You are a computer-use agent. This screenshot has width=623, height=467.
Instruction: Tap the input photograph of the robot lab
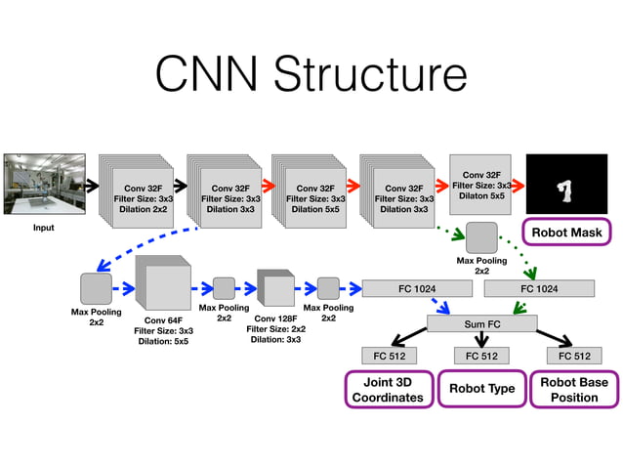45,184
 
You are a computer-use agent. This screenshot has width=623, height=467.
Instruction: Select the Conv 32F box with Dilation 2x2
142,196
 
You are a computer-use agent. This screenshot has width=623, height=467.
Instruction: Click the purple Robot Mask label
566,233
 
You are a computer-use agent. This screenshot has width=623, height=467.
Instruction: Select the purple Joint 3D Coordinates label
388,389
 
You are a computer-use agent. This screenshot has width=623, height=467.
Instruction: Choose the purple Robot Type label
480,389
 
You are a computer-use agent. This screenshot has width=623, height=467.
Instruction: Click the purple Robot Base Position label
573,389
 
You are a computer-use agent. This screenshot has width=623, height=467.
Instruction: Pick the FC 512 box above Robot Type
480,355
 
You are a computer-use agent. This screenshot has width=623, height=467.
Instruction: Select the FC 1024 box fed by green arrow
538,288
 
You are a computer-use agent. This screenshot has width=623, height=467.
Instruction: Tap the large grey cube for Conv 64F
161,284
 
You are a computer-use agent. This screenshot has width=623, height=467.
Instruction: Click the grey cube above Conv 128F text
274,288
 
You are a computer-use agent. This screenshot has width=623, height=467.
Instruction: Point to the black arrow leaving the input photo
90,184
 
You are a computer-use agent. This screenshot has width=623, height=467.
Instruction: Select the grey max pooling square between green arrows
481,238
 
